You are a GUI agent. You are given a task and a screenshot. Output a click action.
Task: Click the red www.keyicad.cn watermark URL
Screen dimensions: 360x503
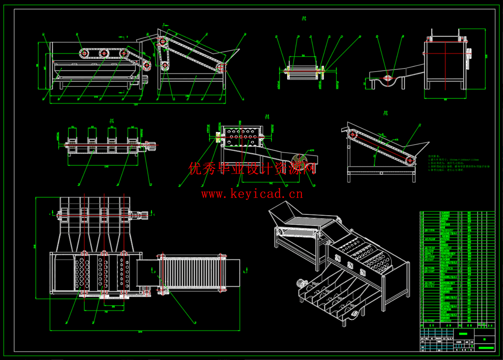tap(252, 194)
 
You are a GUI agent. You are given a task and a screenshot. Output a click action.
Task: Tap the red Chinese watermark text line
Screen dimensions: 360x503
tap(252, 168)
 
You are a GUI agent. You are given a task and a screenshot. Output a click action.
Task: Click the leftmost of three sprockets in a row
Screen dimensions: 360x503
tap(84, 53)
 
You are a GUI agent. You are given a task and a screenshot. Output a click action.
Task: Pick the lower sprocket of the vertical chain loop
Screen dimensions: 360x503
tap(164, 65)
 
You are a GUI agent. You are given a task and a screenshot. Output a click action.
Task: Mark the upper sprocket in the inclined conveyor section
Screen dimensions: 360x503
tap(353, 135)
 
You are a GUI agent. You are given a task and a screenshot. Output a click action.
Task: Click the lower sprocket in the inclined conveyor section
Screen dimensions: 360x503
tap(409, 161)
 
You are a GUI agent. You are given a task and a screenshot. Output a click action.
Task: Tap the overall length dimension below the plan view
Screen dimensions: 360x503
tap(140, 332)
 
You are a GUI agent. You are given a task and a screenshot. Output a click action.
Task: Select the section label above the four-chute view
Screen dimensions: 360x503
tap(112, 120)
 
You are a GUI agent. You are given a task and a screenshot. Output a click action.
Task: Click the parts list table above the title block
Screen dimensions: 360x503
tap(457, 268)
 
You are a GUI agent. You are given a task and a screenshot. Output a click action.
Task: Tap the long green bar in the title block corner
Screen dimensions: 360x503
tap(486, 348)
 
